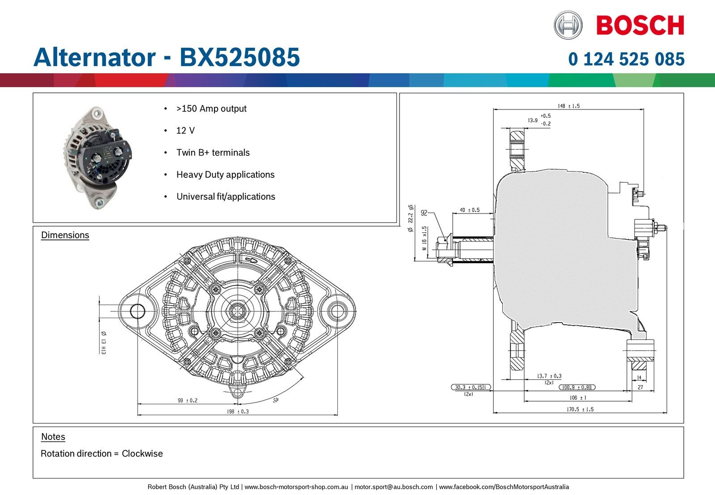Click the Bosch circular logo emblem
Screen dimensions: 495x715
click(568, 25)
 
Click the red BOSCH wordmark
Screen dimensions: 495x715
click(640, 25)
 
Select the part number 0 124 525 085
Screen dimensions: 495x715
click(626, 59)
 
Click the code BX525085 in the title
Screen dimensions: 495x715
click(240, 57)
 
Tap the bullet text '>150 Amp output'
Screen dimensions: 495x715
click(211, 109)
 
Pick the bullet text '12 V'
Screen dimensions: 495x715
click(185, 130)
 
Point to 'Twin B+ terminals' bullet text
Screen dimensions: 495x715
click(213, 152)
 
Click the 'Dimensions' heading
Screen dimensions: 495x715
click(65, 235)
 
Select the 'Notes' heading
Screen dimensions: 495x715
click(53, 437)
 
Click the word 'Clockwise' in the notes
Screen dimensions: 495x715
click(142, 453)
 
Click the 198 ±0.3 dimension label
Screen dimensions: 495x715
click(238, 411)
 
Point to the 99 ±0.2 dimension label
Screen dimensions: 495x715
click(187, 400)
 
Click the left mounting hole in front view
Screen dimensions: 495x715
click(137, 311)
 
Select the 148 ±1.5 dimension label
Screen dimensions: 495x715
click(568, 106)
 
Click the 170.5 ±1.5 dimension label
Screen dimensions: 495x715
click(580, 409)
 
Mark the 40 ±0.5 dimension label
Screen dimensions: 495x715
click(470, 210)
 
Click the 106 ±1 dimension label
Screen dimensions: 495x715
click(578, 398)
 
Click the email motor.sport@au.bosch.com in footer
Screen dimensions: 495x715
click(393, 487)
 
